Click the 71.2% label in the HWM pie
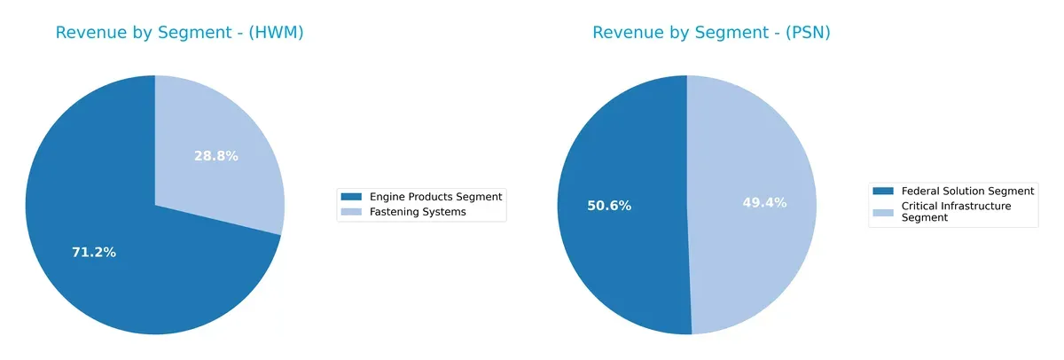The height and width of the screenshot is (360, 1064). (94, 253)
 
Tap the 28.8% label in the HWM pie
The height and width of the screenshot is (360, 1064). (216, 156)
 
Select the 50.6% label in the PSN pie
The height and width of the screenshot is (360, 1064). (609, 206)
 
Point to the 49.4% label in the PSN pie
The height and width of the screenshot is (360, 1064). (764, 203)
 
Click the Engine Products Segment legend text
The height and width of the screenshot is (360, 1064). (435, 196)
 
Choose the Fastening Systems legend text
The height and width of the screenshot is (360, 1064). (418, 212)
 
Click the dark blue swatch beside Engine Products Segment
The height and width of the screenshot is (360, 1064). (352, 196)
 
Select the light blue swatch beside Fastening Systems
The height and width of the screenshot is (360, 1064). (352, 212)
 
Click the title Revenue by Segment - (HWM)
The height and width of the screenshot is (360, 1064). (179, 33)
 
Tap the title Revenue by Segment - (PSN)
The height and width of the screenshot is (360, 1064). (711, 33)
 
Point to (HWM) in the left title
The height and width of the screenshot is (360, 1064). (276, 33)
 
